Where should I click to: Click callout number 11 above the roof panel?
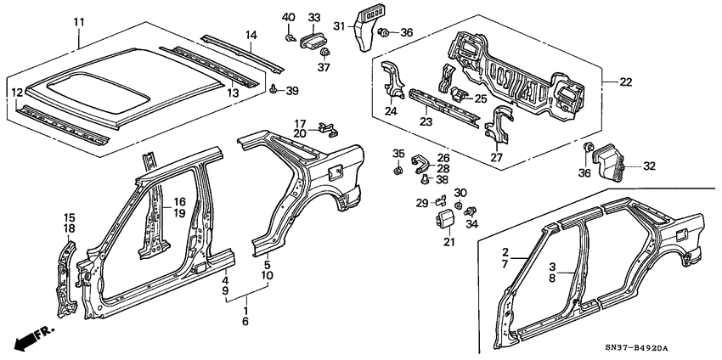pos(79,20)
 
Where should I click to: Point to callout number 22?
pos(626,82)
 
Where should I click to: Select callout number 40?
pos(288,17)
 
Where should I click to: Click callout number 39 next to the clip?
pos(292,91)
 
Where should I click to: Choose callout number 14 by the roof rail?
pos(251,34)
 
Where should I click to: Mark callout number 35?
pos(398,153)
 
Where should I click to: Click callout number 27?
pos(498,156)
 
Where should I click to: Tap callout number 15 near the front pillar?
pos(69,217)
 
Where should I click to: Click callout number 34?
pos(473,224)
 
